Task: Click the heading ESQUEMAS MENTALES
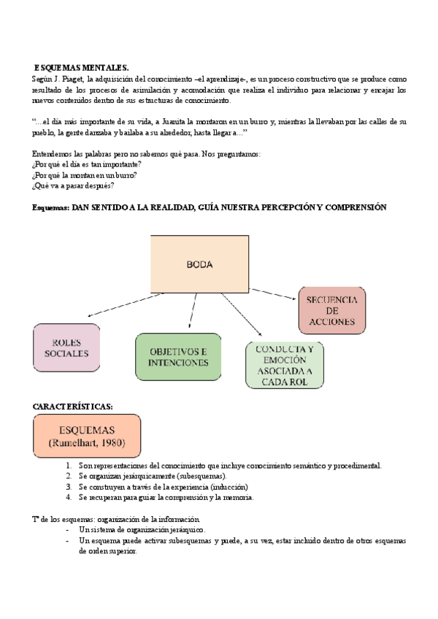[82, 67]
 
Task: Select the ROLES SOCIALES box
[66, 348]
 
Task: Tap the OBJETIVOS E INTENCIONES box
[178, 357]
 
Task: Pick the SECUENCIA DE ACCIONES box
[331, 311]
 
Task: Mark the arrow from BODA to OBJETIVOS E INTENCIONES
[192, 310]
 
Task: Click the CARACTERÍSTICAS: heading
[73, 406]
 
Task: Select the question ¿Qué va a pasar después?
[73, 185]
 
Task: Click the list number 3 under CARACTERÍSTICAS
[67, 487]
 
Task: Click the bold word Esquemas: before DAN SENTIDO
[51, 208]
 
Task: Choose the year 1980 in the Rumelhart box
[109, 443]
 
